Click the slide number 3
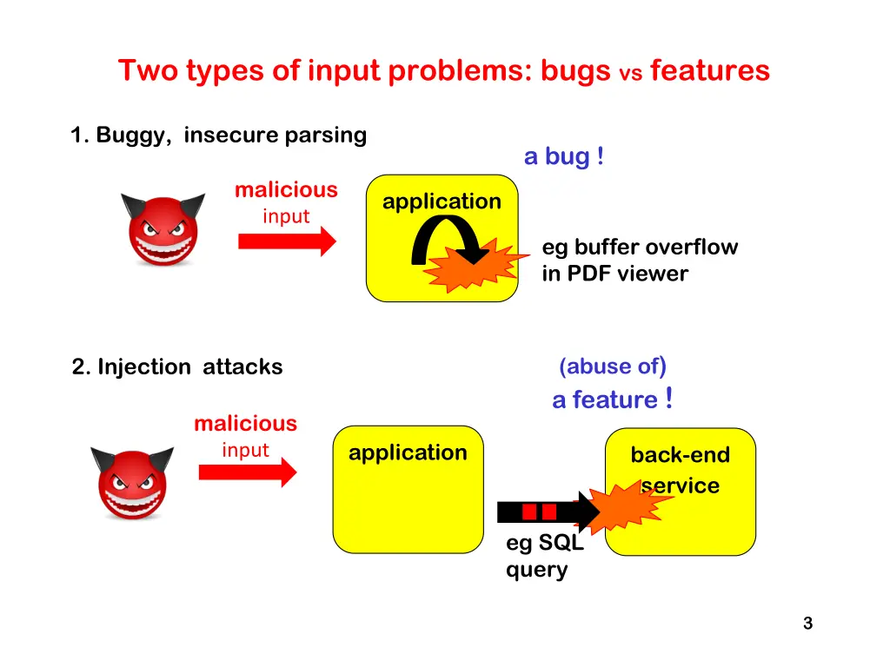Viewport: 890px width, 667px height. click(807, 623)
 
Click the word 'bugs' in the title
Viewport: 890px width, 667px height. click(575, 70)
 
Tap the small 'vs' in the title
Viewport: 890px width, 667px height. click(630, 75)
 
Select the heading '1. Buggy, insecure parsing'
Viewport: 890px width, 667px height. click(218, 135)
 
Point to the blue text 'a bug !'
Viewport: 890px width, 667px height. click(564, 157)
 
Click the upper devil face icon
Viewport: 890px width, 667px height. click(163, 229)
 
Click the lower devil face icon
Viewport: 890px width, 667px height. click(132, 483)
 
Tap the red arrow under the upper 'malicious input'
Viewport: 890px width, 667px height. click(286, 241)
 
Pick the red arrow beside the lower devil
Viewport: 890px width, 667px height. click(248, 472)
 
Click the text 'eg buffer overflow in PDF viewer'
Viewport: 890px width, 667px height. click(639, 261)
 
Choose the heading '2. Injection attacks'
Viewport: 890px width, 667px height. click(177, 367)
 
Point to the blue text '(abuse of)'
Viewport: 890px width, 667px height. click(613, 367)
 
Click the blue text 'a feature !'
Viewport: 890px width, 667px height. click(612, 400)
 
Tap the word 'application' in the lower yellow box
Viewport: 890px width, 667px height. click(408, 452)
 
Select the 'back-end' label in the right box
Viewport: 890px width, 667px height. click(680, 455)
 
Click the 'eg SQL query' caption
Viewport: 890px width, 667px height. click(544, 558)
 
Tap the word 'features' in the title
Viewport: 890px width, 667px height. click(709, 70)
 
